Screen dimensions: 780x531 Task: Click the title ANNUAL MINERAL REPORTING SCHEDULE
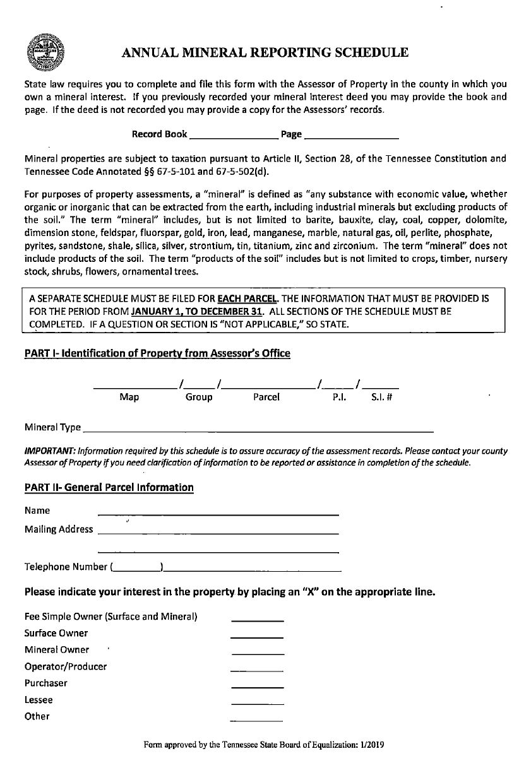tap(265, 52)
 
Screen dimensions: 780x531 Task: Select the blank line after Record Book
tap(234, 136)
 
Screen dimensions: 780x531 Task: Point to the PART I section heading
tap(157, 353)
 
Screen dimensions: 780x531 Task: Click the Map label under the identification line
tap(129, 397)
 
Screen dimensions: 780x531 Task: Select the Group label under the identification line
tap(199, 397)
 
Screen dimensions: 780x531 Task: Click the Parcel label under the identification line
tap(266, 397)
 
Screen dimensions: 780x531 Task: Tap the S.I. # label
tap(381, 397)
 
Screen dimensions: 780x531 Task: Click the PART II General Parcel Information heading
tap(109, 487)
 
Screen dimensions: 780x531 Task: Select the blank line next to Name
tap(218, 514)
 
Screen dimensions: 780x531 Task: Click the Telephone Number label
tap(66, 566)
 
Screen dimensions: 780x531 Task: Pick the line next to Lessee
tap(257, 703)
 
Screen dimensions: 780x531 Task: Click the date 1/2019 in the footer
tap(373, 745)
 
